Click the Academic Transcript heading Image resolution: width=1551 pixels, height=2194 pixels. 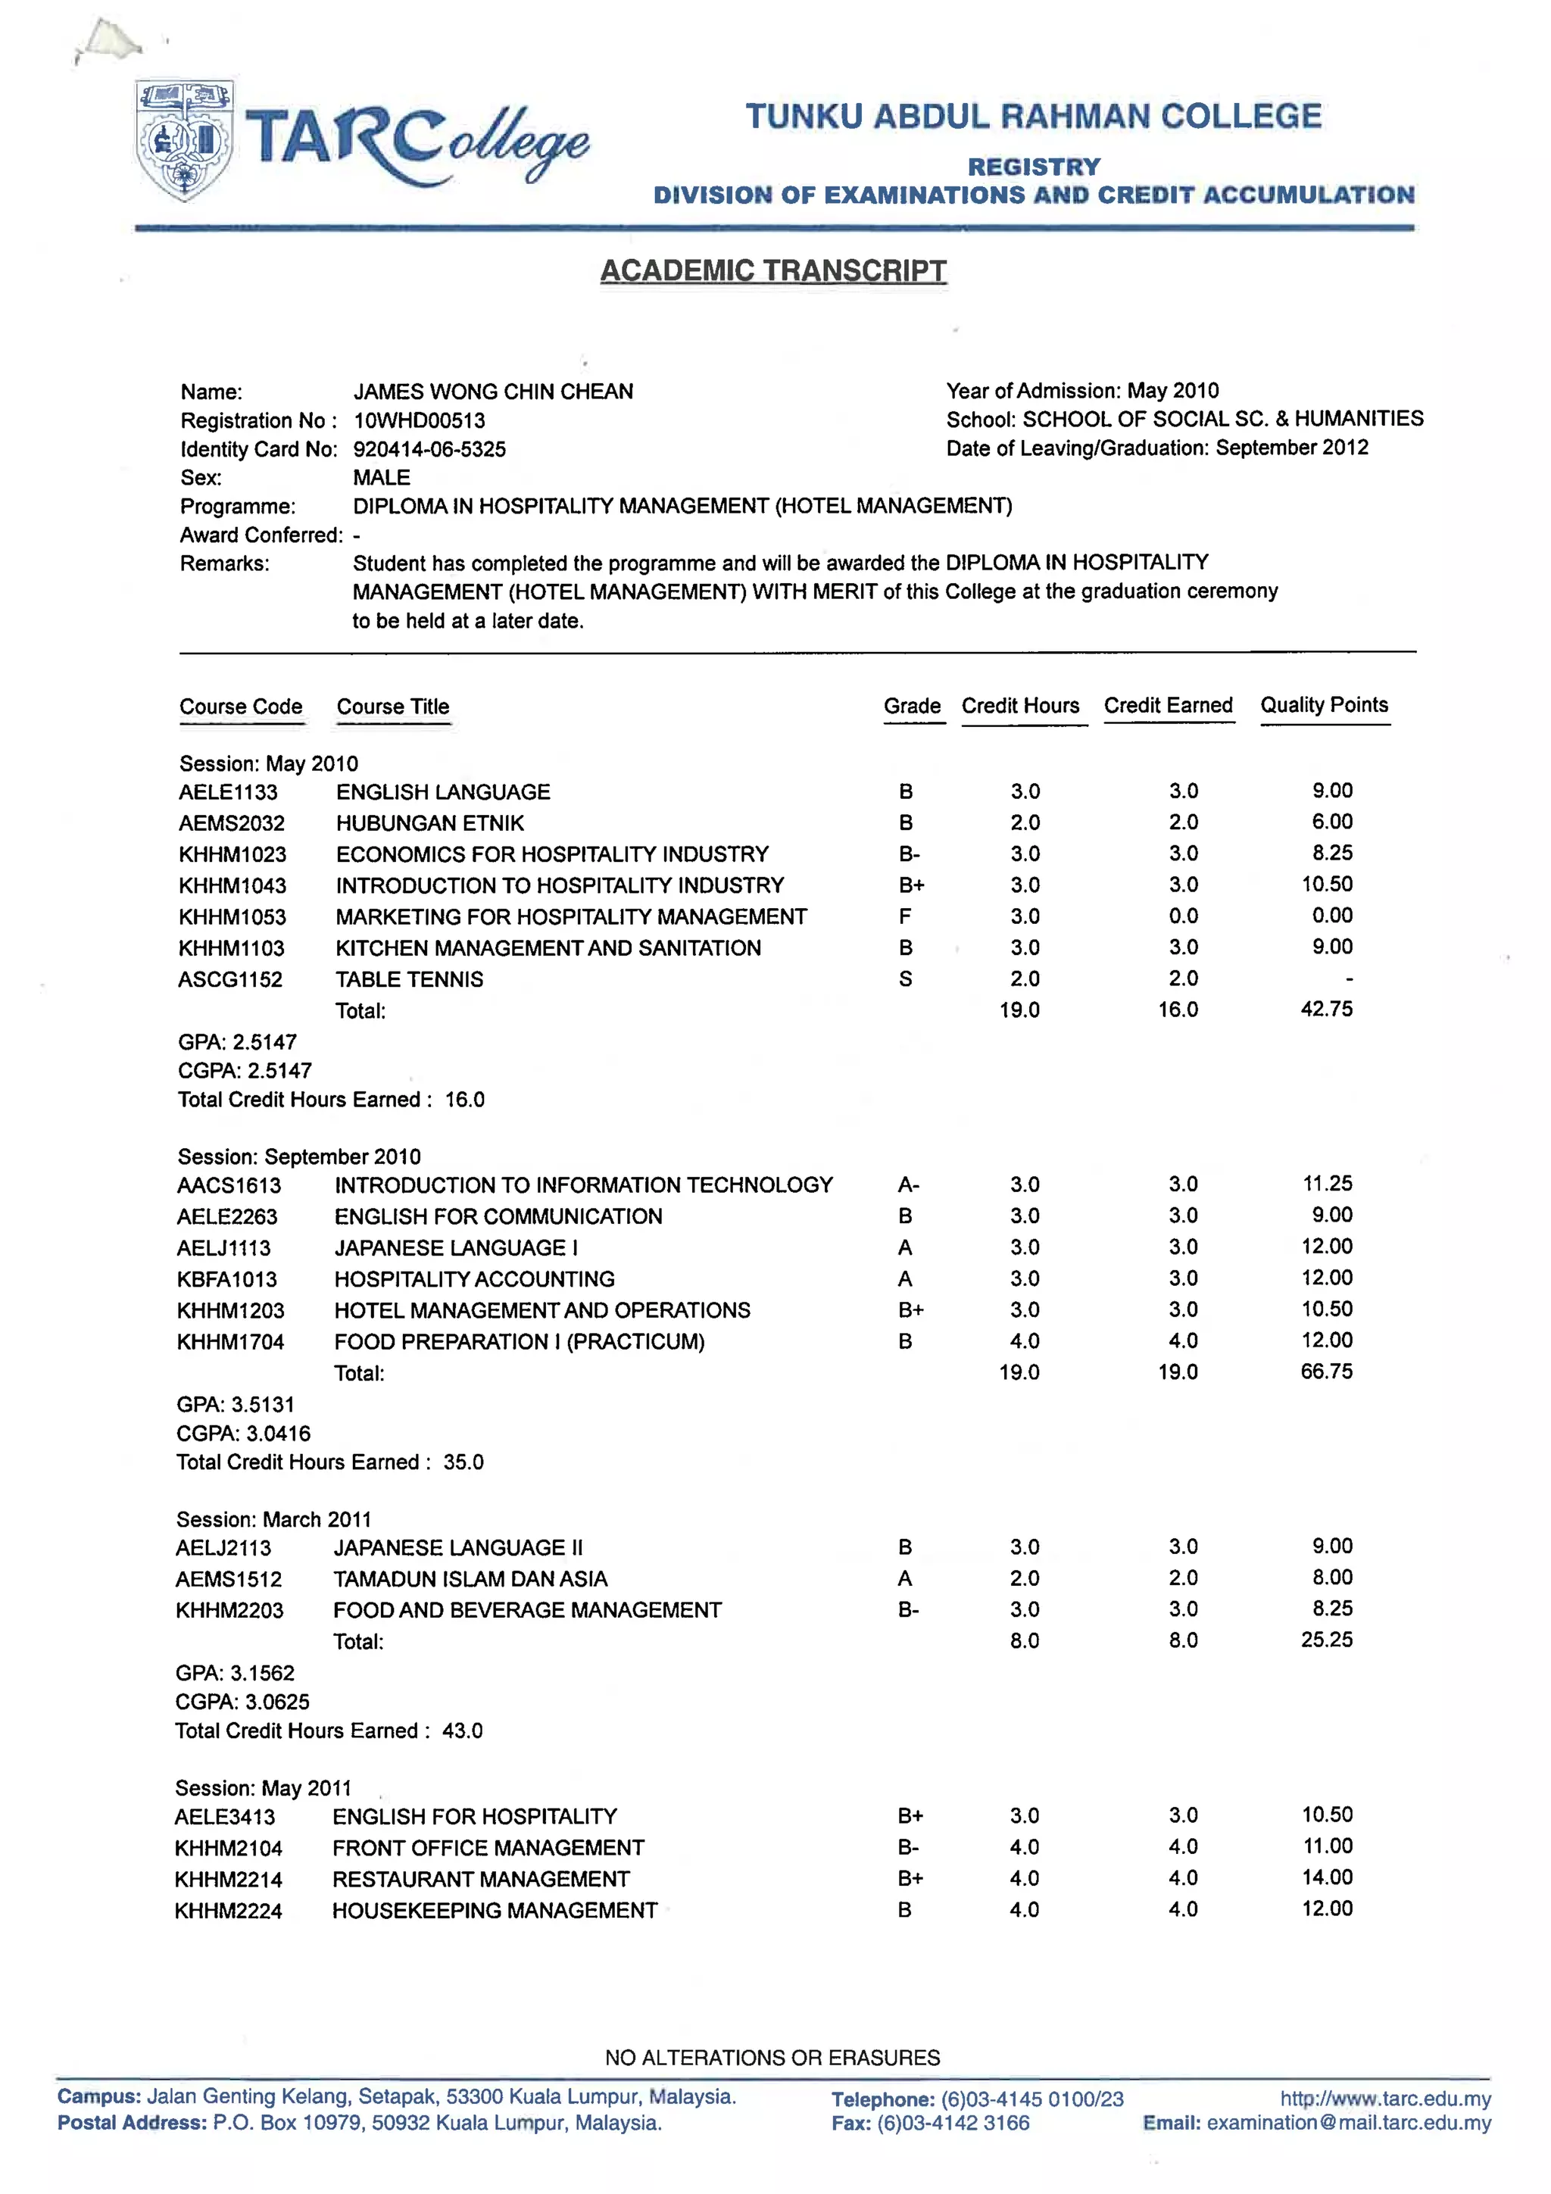tap(773, 270)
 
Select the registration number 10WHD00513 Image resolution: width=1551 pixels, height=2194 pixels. tap(419, 420)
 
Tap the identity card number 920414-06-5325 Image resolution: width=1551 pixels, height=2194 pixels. tap(429, 449)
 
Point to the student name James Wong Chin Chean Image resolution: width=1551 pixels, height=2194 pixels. tap(493, 392)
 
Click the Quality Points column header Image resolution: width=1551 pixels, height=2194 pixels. tap(1324, 705)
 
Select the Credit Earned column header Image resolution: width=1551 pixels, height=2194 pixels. tap(1168, 705)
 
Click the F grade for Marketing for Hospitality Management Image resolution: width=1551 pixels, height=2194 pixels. tap(905, 916)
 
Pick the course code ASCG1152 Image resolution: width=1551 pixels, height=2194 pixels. tap(230, 979)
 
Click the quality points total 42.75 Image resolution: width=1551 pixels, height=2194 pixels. tap(1326, 1009)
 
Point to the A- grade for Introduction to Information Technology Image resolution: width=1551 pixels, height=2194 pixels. tap(908, 1185)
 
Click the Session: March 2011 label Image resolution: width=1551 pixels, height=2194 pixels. tap(273, 1519)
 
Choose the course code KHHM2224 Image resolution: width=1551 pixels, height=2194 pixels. tap(229, 1912)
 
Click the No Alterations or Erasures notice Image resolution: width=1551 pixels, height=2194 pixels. tap(772, 2058)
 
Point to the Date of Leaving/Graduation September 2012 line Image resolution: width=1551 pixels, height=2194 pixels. tap(1156, 448)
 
